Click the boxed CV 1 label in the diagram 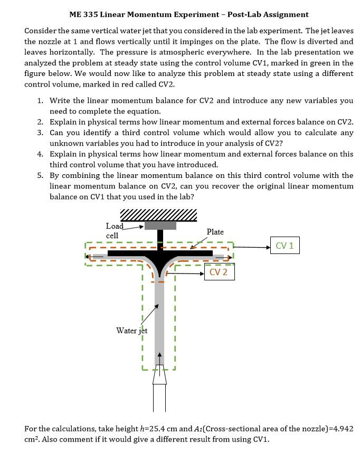pos(285,246)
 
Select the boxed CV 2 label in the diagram pos(219,272)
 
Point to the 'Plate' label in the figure pos(215,232)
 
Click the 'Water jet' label pos(131,331)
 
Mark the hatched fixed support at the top pos(159,214)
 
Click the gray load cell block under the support pos(160,225)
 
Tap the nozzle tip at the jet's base pos(159,375)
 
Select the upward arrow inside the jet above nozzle pos(159,359)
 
